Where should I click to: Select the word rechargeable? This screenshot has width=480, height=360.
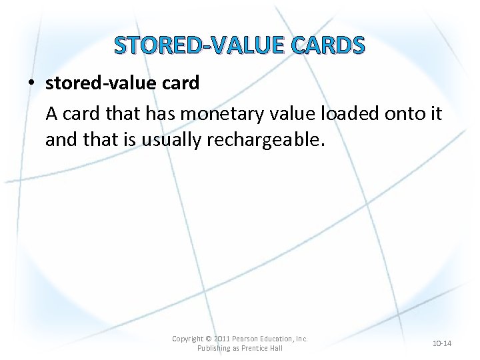coord(281,141)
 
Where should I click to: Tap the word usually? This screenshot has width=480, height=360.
coord(171,141)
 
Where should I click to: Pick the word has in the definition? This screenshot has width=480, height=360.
coord(160,114)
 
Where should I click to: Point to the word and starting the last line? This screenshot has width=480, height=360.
coord(61,141)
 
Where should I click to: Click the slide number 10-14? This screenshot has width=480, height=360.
coord(442,343)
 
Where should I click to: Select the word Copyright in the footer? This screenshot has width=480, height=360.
coord(187,339)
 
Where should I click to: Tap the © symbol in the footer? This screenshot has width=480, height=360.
coord(209,339)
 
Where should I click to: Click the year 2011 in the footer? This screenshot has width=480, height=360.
coord(223,339)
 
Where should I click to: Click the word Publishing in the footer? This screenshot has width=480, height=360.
coord(214,348)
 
